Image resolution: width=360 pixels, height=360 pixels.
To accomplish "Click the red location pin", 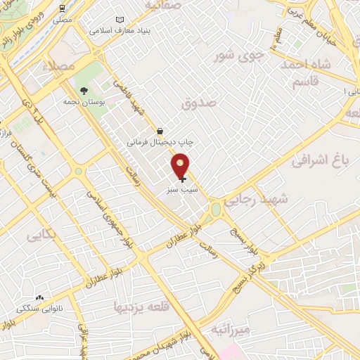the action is (181, 166).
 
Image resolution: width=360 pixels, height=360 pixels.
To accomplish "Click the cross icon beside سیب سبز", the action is (183, 179).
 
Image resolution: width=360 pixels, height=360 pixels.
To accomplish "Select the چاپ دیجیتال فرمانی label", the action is (160, 142).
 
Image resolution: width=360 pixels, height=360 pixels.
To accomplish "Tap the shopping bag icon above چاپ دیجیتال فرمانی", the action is (160, 131).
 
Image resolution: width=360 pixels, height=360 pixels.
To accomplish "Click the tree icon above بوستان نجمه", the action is (84, 91).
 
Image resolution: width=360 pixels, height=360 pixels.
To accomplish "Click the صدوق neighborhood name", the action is (199, 103).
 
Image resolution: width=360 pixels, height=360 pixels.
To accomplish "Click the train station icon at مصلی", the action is (63, 9).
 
